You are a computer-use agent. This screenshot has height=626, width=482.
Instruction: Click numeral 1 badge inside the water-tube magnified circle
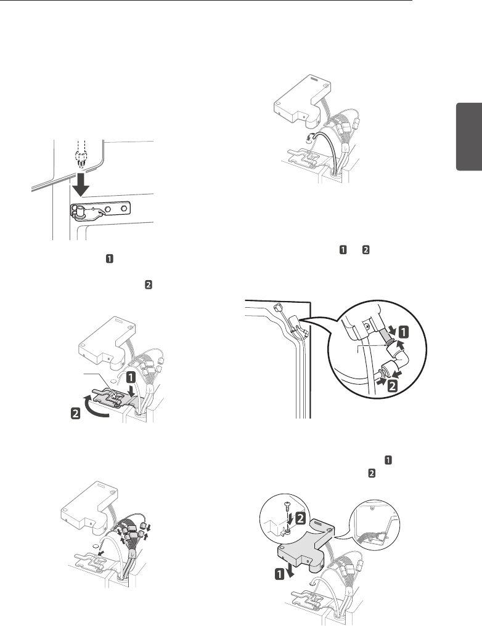click(x=401, y=332)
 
